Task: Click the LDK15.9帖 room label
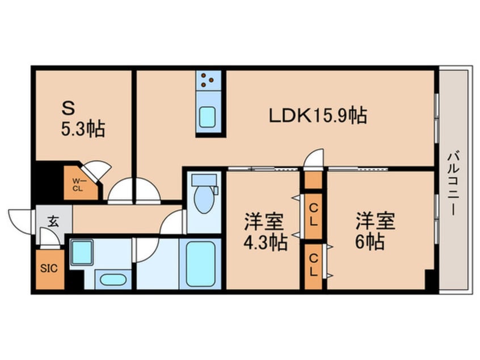[317, 116]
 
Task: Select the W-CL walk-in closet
[79, 183]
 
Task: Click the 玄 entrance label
[53, 221]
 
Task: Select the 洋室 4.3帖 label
[263, 232]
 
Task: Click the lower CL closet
[313, 265]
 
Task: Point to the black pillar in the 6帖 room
[430, 281]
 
